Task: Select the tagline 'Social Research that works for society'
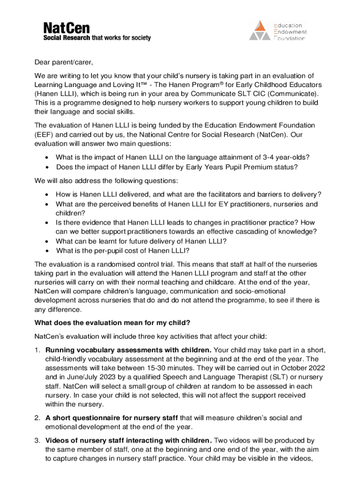97,38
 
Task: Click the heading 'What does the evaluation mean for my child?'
112,323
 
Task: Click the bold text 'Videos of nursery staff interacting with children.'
129,440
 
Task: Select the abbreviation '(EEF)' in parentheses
44,135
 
